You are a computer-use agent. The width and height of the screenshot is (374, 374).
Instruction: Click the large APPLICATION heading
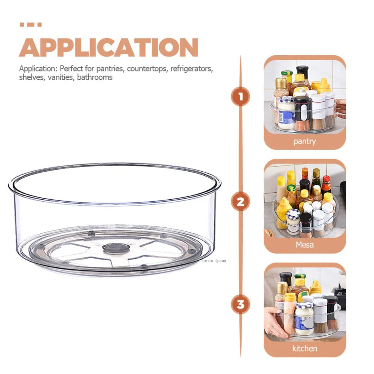[x=108, y=47]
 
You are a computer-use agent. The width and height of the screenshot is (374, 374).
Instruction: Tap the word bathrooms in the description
[x=95, y=77]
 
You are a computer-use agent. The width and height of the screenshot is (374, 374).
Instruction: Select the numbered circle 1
[x=240, y=97]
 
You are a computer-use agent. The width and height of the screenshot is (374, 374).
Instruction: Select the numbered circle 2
[x=240, y=202]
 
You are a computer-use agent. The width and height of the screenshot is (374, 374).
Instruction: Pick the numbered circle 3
[x=240, y=304]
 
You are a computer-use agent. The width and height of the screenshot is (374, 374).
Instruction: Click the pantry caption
[x=304, y=141]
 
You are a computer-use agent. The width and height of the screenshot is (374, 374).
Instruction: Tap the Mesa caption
[x=304, y=245]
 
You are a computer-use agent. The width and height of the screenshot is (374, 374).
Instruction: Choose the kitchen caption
[x=304, y=348]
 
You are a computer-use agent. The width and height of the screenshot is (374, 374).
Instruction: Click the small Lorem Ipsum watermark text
[x=214, y=261]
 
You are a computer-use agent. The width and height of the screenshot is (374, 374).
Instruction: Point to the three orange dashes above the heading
[x=30, y=25]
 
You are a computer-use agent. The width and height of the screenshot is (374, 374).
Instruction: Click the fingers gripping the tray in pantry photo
[x=341, y=108]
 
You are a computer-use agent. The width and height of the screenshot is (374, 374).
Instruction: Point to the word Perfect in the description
[x=71, y=69]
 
